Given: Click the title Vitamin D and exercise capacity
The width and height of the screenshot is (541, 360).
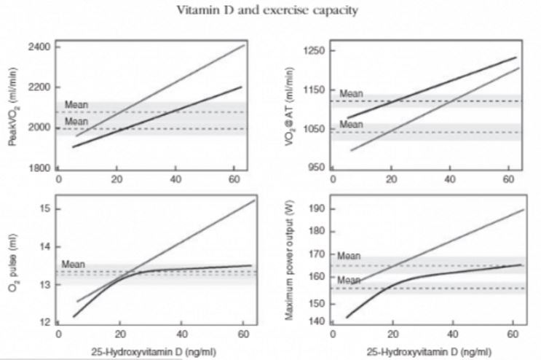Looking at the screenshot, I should pos(269,11).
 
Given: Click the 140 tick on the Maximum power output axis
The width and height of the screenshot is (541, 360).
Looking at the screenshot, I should pos(317,322).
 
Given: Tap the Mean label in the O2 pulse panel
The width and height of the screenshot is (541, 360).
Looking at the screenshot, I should pos(73,264).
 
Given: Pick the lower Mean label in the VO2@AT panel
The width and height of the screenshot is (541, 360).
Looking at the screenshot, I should pos(351,125).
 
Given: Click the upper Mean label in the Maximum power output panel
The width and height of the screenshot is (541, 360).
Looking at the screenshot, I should pos(350,256).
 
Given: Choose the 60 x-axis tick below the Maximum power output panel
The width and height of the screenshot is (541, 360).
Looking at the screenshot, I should pos(510,336).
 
